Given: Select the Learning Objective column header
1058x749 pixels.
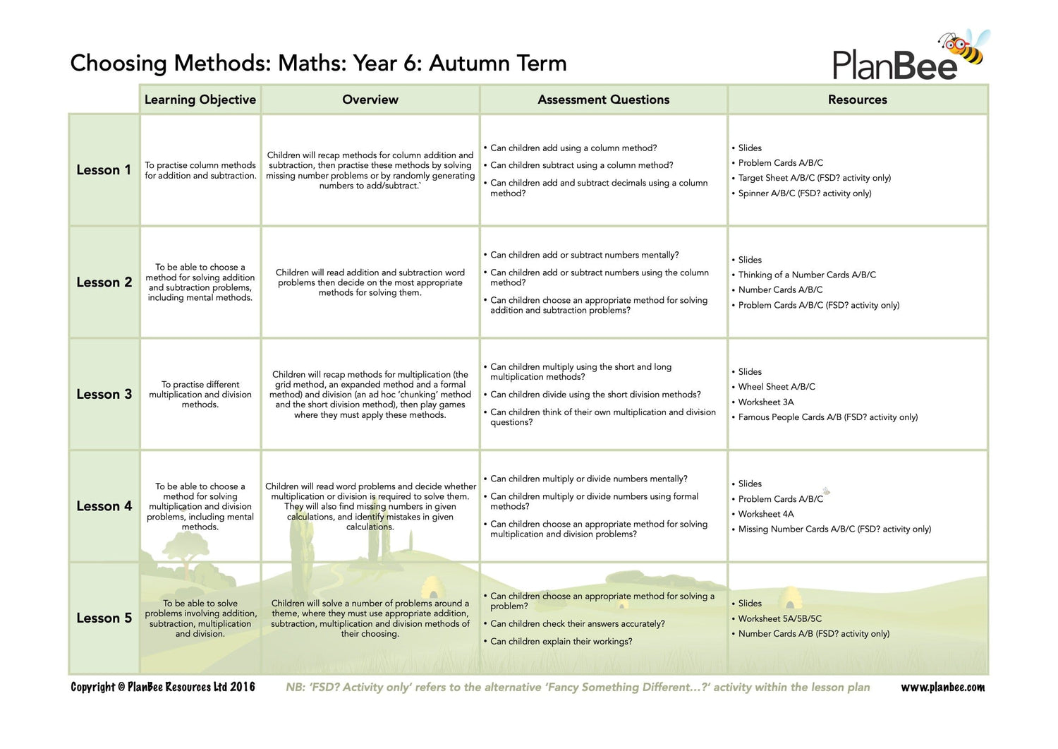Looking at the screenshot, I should (x=200, y=100).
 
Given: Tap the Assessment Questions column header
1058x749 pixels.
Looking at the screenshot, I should (x=603, y=100).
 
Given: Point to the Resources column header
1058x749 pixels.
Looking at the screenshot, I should (x=857, y=100).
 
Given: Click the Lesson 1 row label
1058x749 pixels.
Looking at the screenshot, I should (x=104, y=170).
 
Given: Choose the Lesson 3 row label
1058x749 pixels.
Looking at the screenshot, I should (x=104, y=395).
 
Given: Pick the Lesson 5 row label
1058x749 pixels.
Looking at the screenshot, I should (x=104, y=618).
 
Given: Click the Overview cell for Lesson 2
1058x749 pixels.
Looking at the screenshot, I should (x=370, y=282).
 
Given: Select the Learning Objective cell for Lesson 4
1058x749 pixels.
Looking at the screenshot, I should (x=200, y=506).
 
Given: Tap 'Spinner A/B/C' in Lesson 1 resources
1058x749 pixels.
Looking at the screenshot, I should (x=804, y=193).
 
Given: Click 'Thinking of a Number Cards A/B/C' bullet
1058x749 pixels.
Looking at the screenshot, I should (x=807, y=275).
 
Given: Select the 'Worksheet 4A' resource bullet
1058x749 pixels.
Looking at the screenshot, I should (x=766, y=514).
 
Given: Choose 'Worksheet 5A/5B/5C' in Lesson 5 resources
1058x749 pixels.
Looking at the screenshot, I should (x=779, y=618).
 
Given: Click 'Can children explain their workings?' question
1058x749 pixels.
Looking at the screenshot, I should (x=561, y=641).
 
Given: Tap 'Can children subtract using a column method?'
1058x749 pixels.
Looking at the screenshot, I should (x=581, y=165).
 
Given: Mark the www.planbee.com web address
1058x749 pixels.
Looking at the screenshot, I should (x=942, y=687).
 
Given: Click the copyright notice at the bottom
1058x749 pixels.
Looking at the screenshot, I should (x=163, y=687).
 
